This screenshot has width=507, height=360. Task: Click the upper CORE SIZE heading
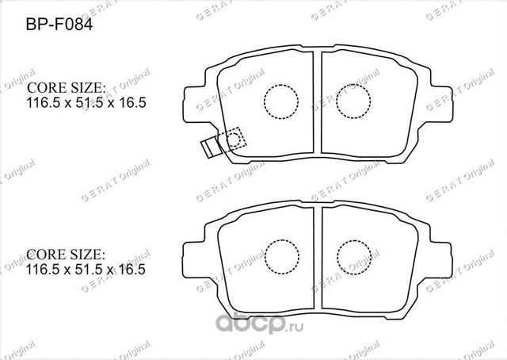click(67, 88)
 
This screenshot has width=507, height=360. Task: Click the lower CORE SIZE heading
click(67, 255)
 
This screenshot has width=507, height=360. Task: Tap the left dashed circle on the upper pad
click(278, 101)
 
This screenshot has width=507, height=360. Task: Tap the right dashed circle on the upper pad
click(353, 101)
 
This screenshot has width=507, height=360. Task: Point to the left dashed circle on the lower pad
click(278, 255)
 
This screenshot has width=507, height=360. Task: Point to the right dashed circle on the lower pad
click(353, 255)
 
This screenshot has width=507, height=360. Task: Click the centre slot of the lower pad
click(315, 258)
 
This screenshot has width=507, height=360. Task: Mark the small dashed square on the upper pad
click(236, 138)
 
